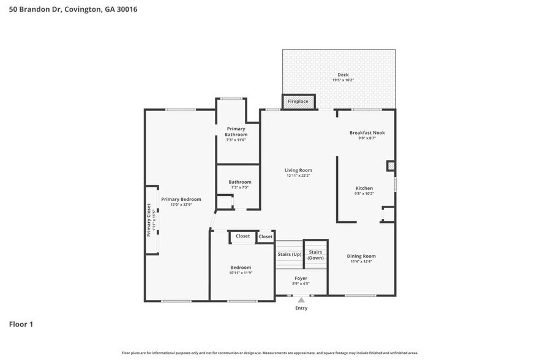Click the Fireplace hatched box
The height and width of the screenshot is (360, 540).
(298, 102)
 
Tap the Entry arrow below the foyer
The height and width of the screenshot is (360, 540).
(301, 300)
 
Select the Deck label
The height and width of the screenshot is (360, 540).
(343, 75)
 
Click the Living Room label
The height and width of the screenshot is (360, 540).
(298, 170)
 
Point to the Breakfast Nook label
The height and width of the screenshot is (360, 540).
(367, 132)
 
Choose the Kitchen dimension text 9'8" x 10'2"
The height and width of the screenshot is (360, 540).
(364, 193)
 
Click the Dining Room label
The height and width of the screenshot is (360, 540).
(361, 256)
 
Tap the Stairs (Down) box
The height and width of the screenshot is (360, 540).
(316, 254)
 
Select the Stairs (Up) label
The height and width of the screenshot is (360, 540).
(289, 253)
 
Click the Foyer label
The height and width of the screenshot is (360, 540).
(301, 278)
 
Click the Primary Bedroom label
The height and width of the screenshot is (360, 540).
(181, 199)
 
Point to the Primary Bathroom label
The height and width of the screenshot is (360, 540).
(236, 131)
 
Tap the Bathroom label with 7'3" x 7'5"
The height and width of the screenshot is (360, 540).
(240, 182)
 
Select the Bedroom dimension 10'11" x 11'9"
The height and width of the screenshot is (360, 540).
(241, 272)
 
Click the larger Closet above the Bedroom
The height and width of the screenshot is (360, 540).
(242, 236)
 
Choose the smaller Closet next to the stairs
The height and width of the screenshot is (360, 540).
(265, 236)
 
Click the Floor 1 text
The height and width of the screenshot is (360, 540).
(21, 324)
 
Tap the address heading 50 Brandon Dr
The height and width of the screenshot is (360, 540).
(69, 9)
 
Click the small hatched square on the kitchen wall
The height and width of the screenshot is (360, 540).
(391, 166)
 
